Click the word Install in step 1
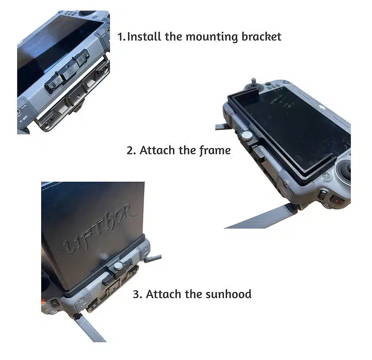pos(144,37)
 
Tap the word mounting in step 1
pos(211,37)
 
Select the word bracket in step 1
pos(261,37)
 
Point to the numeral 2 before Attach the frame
pos(130,151)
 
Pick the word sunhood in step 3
pos(229,294)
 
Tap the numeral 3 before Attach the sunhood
pos(137,294)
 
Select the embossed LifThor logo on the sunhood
pos(100,229)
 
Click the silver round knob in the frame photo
pos(247,136)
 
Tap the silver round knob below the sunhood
pos(118,266)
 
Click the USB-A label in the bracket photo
pos(23,118)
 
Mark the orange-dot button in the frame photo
pos(337,200)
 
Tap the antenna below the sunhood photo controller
pos(90,328)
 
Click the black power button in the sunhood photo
pos(54,303)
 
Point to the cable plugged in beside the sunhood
pos(152,258)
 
